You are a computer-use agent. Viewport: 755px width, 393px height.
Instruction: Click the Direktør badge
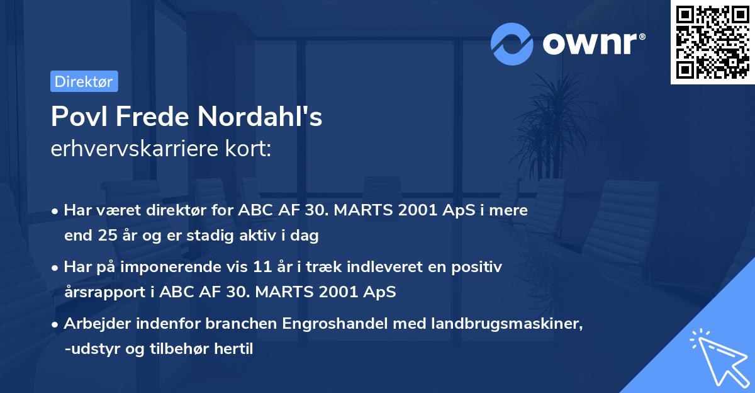click(84, 81)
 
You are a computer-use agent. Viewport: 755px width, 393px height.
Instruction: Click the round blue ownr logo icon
click(512, 43)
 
